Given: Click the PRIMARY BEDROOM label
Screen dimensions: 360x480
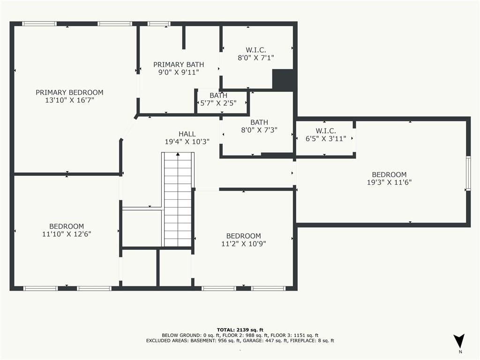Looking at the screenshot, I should click(x=69, y=92).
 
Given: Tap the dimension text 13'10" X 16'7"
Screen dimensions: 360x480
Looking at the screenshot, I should click(x=69, y=100).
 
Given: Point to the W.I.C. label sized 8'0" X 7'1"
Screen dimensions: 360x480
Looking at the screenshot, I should click(x=256, y=50).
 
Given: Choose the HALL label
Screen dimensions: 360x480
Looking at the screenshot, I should click(x=187, y=134).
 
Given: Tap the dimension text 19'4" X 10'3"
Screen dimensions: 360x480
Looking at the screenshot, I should click(x=187, y=141).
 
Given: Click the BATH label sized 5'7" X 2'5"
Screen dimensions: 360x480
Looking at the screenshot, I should click(x=218, y=96).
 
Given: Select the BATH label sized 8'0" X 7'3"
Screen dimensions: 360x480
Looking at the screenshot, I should click(x=259, y=122).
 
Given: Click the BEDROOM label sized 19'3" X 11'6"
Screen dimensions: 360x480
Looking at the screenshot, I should click(x=389, y=175).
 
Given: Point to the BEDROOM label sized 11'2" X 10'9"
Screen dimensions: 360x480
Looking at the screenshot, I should click(x=243, y=236).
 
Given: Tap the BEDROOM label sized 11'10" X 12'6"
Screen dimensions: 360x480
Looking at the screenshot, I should click(x=67, y=226).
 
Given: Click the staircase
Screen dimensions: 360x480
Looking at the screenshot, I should click(x=178, y=202).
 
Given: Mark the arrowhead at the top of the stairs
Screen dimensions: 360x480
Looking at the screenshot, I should click(x=178, y=155).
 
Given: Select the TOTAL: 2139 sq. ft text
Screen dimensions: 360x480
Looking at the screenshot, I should click(x=240, y=330).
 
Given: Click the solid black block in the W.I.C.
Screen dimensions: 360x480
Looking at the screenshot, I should click(x=284, y=80).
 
